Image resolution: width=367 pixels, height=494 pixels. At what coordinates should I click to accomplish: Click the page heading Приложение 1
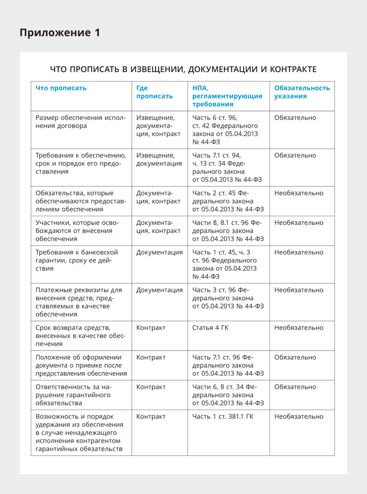pyautogui.click(x=60, y=33)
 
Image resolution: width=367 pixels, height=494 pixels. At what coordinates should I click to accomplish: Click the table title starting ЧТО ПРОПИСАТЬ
pyautogui.click(x=183, y=69)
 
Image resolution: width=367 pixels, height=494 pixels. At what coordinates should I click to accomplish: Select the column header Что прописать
pyautogui.click(x=61, y=88)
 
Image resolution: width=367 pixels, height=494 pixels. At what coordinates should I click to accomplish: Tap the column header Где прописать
pyautogui.click(x=155, y=92)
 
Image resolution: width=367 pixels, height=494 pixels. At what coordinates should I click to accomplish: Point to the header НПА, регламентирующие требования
pyautogui.click(x=227, y=96)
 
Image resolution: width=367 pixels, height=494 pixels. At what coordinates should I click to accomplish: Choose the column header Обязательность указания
pyautogui.click(x=301, y=92)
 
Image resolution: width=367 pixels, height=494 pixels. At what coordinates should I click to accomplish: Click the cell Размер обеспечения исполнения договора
pyautogui.click(x=81, y=122)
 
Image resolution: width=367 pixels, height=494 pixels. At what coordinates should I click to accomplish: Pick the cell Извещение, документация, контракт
pyautogui.click(x=158, y=126)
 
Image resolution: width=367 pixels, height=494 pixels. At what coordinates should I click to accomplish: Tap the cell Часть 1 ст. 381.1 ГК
pyautogui.click(x=223, y=416)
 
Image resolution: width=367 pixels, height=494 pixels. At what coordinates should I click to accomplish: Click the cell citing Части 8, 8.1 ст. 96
pyautogui.click(x=228, y=231)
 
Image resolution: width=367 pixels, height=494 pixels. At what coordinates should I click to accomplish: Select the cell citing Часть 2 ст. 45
pyautogui.click(x=228, y=201)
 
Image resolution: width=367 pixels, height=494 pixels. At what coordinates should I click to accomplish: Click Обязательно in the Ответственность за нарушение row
pyautogui.click(x=295, y=387)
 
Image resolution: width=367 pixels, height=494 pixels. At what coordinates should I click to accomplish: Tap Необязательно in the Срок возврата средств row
pyautogui.click(x=298, y=328)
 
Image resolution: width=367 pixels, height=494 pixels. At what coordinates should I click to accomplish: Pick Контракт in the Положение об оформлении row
pyautogui.click(x=151, y=357)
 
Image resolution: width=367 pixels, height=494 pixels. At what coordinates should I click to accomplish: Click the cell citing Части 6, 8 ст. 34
pyautogui.click(x=228, y=395)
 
